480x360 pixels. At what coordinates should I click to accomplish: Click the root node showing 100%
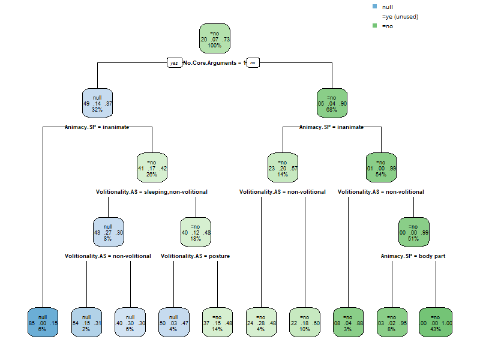click(215, 40)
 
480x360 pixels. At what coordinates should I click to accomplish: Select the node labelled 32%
click(97, 103)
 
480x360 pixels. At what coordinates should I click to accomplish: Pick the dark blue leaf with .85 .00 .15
click(43, 323)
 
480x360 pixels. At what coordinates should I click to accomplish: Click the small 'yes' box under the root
click(174, 63)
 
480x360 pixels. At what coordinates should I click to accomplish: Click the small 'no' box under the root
click(253, 63)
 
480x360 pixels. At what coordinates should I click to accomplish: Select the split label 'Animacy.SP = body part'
click(413, 256)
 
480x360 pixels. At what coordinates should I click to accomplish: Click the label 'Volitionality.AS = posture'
click(195, 256)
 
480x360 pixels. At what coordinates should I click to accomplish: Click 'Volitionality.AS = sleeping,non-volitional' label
click(152, 192)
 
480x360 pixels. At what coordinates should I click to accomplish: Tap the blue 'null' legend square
click(376, 7)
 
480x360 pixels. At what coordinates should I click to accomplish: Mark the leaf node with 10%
click(304, 323)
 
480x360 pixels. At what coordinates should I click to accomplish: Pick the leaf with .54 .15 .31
click(86, 323)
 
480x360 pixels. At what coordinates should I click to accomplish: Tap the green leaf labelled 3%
click(347, 323)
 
